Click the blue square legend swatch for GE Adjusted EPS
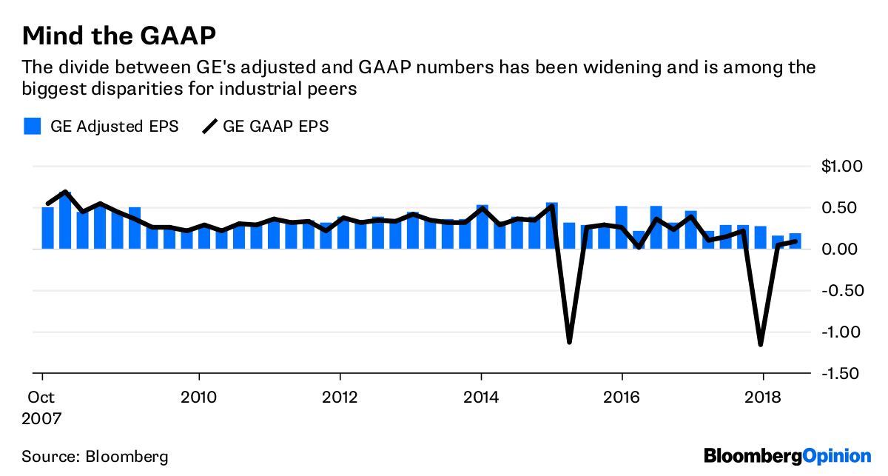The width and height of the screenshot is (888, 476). [32, 126]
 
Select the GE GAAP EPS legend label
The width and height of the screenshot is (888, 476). [275, 127]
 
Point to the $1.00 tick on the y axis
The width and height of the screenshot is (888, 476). [842, 167]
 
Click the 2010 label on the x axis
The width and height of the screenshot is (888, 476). [198, 397]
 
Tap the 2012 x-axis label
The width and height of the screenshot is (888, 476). [340, 397]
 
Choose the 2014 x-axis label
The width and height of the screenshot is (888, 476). [481, 397]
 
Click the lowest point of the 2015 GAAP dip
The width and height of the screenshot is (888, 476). [569, 342]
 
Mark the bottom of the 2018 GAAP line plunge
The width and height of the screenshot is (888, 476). [760, 344]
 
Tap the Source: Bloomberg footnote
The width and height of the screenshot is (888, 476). [95, 456]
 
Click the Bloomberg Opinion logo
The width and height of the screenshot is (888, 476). [787, 455]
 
